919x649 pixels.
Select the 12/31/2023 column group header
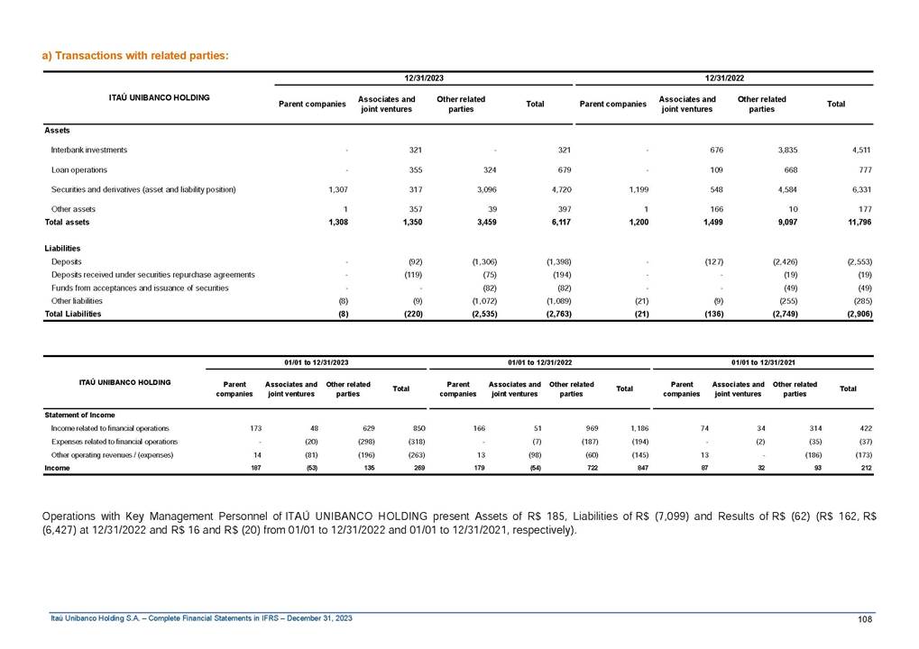[x=423, y=78]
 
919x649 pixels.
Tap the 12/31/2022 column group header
[x=724, y=78]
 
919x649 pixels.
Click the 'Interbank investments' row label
[x=89, y=150]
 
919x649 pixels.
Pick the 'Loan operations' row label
[x=79, y=169]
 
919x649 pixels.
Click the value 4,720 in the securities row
[x=558, y=189]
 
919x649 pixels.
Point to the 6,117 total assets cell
[x=558, y=221]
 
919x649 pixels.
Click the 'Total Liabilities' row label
[x=73, y=314]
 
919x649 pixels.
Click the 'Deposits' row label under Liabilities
[x=68, y=261]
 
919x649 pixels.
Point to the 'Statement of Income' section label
[x=79, y=415]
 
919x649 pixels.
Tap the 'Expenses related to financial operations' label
[x=115, y=442]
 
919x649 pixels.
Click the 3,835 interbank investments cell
[x=786, y=150]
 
